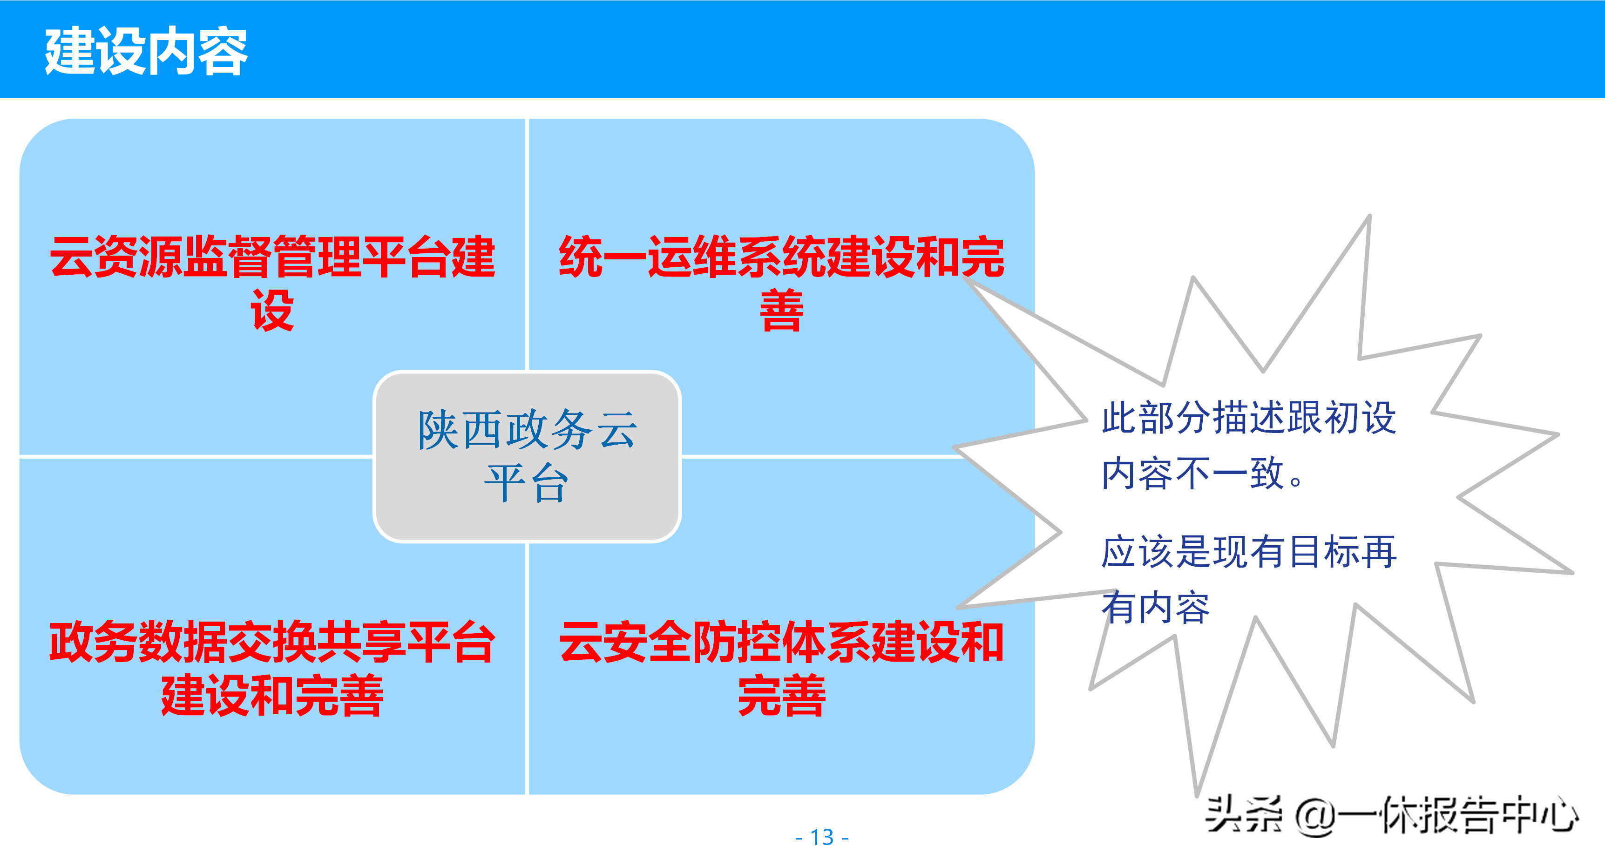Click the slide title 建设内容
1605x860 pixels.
(x=146, y=52)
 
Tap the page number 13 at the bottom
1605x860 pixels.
(x=822, y=837)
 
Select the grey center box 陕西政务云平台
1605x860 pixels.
(x=527, y=456)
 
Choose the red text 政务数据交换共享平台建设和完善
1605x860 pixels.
(x=272, y=668)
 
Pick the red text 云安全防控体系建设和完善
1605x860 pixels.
(x=781, y=668)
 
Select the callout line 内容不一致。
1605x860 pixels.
(x=1203, y=474)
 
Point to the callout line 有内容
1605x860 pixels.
(x=1156, y=608)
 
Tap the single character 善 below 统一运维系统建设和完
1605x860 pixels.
(x=781, y=311)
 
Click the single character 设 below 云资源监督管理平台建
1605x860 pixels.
(x=272, y=311)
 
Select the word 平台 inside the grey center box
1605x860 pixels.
(x=527, y=483)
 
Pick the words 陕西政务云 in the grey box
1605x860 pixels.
(x=527, y=430)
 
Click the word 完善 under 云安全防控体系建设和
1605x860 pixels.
(x=781, y=696)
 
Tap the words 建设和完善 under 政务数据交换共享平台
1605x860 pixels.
(x=272, y=696)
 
